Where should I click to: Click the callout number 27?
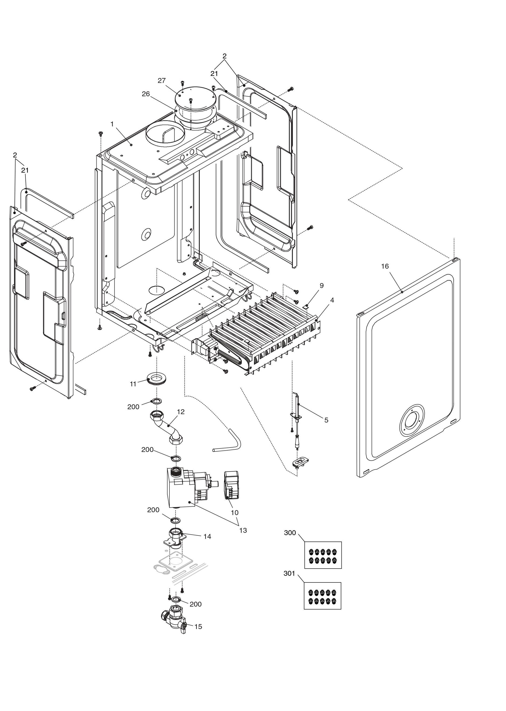coord(162,81)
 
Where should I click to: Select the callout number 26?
coord(146,94)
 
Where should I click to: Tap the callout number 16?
coord(385,266)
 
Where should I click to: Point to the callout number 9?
coord(322,285)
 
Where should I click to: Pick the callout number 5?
coord(326,420)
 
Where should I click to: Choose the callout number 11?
coord(133,384)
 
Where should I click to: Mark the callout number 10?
coord(235,512)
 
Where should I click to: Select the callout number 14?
coord(207,536)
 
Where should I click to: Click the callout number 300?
coord(290,533)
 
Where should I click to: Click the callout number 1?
coord(112,124)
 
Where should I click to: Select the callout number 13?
coord(243,530)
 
